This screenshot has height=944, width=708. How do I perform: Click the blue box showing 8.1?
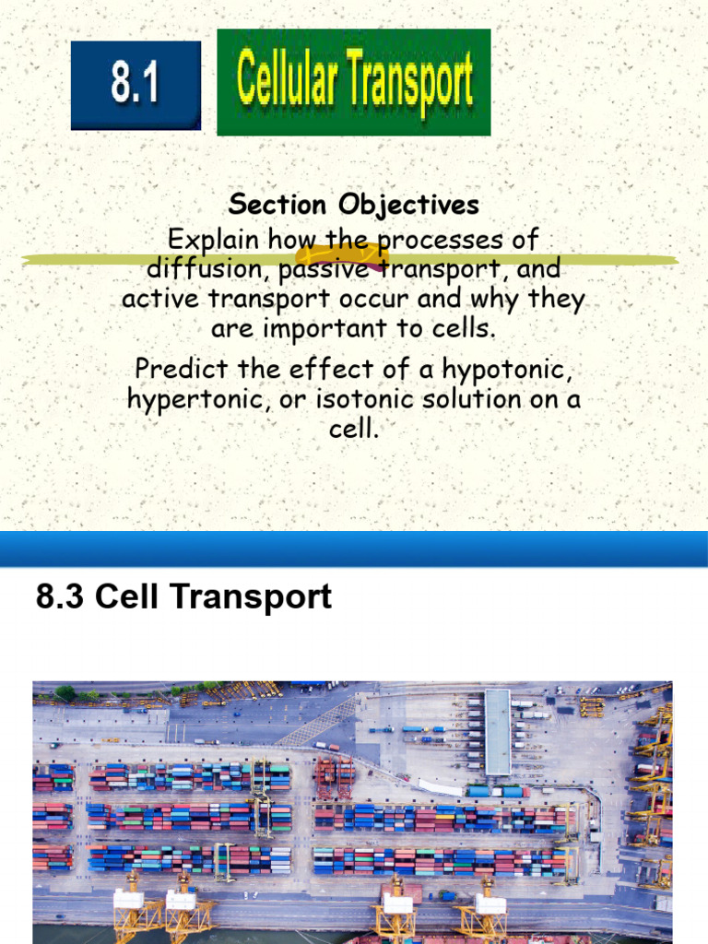pos(136,85)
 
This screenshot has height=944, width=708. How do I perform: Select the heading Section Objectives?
pos(354,204)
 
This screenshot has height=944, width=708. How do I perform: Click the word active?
pos(154,300)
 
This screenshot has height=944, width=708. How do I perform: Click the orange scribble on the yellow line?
pos(341,256)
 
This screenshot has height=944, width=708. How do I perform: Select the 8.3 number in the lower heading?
pos(61,597)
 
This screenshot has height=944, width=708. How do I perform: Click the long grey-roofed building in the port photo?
pos(497,731)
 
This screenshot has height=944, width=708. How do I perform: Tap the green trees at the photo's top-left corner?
pos(65,691)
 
